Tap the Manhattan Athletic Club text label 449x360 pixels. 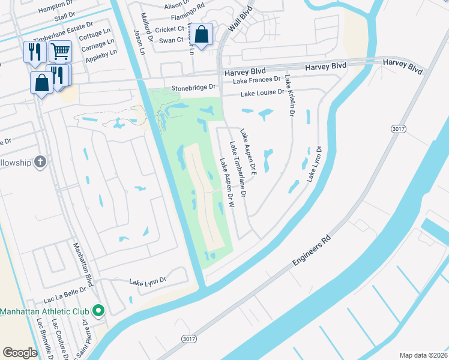tap(44, 311)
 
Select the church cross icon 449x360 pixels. tap(40, 162)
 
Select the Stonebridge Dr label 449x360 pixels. tap(193, 87)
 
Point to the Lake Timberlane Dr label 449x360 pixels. tap(238, 170)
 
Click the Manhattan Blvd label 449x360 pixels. tap(84, 265)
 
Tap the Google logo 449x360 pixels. tap(20, 352)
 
